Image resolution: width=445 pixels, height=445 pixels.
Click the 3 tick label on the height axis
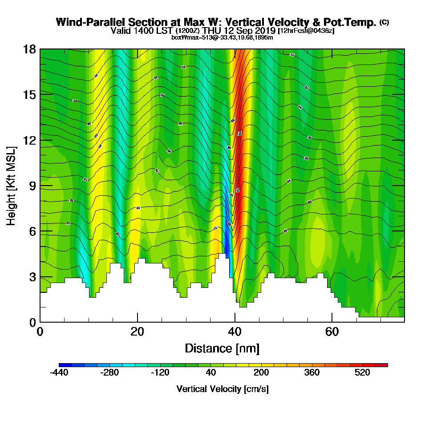click(32, 277)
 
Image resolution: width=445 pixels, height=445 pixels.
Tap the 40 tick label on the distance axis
click(235, 332)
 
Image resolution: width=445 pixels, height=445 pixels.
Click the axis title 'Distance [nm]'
click(222, 348)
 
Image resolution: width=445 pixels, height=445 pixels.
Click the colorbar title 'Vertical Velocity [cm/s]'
click(222, 389)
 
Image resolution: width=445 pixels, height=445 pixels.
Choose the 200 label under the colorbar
click(261, 372)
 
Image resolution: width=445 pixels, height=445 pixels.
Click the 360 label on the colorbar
click(312, 372)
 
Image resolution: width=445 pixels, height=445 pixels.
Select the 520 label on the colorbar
click(363, 372)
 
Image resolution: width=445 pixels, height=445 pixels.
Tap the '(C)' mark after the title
click(384, 22)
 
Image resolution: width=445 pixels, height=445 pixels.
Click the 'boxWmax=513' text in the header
click(190, 37)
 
